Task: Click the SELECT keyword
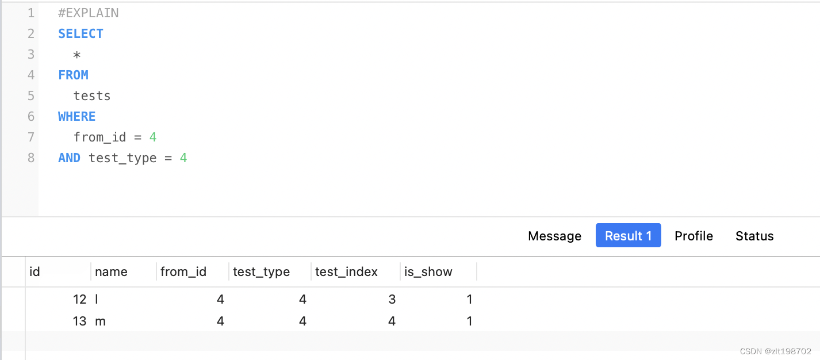point(81,33)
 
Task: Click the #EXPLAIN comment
point(88,13)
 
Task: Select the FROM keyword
point(73,75)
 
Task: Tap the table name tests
point(92,95)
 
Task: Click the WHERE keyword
point(76,116)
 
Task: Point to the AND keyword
point(69,158)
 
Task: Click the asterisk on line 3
point(77,55)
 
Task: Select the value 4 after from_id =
point(153,137)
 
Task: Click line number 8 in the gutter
point(31,158)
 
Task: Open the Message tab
point(554,236)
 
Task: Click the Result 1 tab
point(628,236)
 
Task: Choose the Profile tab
point(693,236)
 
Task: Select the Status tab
point(754,236)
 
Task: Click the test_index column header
point(346,271)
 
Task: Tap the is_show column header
point(428,271)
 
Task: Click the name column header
point(111,271)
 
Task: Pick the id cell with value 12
point(79,299)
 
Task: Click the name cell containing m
point(100,321)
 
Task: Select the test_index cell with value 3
point(392,299)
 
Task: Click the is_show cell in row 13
point(469,321)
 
